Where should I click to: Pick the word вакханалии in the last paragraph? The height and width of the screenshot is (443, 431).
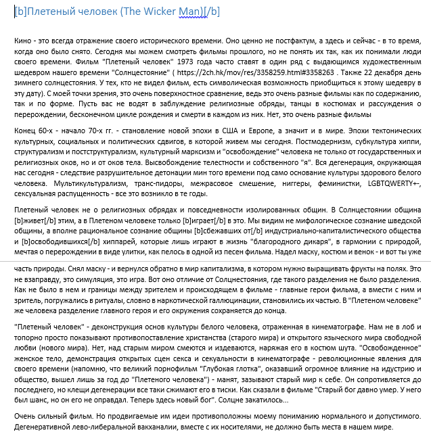click(x=137, y=428)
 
